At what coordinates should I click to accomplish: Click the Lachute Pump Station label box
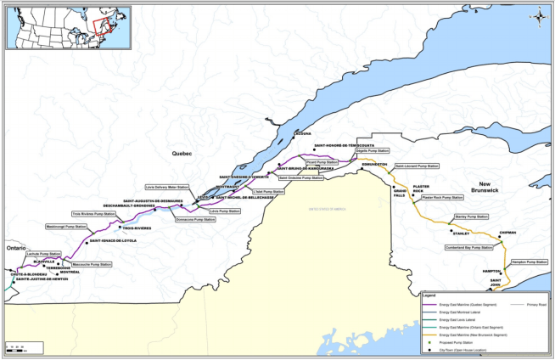tap(44, 254)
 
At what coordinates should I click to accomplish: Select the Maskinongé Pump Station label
tap(66, 227)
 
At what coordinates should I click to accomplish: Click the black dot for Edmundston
tap(364, 170)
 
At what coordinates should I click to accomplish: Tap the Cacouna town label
tap(303, 133)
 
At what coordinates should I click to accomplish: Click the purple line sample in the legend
tap(431, 302)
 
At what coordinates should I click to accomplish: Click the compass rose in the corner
tap(538, 14)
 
